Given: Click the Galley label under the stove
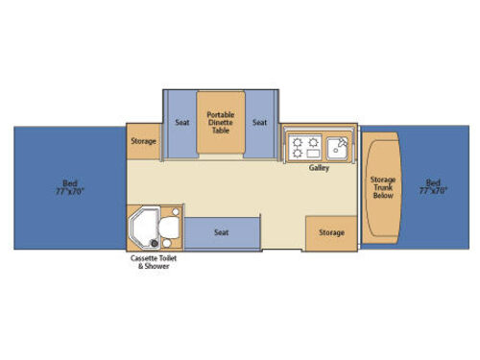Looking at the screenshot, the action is (319, 168).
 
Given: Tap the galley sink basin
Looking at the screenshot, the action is (337, 148).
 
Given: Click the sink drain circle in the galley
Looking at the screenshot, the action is (336, 151).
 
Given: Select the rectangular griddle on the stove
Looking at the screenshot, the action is (313, 154).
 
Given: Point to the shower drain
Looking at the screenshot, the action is (155, 243).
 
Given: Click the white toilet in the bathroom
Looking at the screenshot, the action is (169, 228).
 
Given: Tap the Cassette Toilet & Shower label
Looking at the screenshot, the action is (154, 262).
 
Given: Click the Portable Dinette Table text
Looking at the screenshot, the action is (221, 123).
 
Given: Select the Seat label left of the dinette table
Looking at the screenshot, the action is (182, 122).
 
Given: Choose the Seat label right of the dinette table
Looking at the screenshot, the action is (259, 122).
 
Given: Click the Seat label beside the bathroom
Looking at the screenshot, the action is (221, 232).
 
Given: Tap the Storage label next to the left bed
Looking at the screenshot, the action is (143, 141).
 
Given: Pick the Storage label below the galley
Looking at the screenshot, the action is (331, 232).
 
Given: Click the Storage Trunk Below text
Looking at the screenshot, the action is (383, 187).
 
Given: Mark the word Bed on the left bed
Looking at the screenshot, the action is (70, 183).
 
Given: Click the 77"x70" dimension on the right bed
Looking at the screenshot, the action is (433, 191).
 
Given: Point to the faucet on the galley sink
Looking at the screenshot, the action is (342, 142).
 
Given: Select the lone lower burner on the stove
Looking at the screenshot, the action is (298, 154).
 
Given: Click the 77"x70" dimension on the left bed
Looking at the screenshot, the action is (70, 191).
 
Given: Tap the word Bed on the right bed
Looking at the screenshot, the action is (433, 183).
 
